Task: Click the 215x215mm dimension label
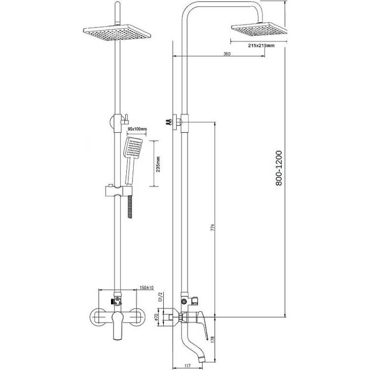[261, 45]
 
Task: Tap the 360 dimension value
[226, 54]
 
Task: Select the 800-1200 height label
[279, 168]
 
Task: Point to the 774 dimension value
[213, 227]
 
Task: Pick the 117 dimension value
[187, 366]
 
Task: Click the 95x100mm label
[137, 129]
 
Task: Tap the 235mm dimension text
[158, 164]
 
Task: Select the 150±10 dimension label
[147, 288]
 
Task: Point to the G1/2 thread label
[160, 297]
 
